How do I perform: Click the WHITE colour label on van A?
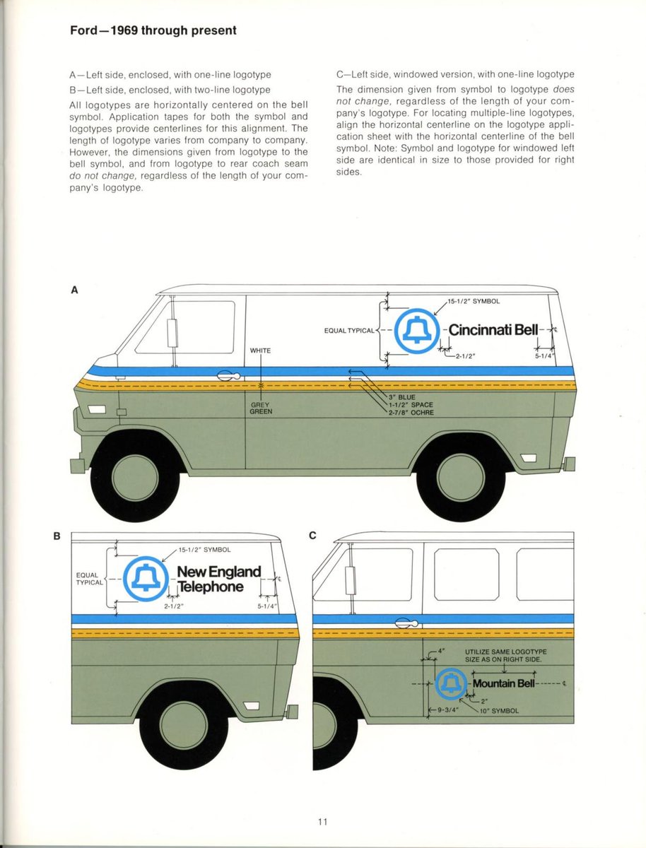(261, 351)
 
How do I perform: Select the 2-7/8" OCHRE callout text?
(413, 413)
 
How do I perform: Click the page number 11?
(323, 821)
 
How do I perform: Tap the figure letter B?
(57, 536)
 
